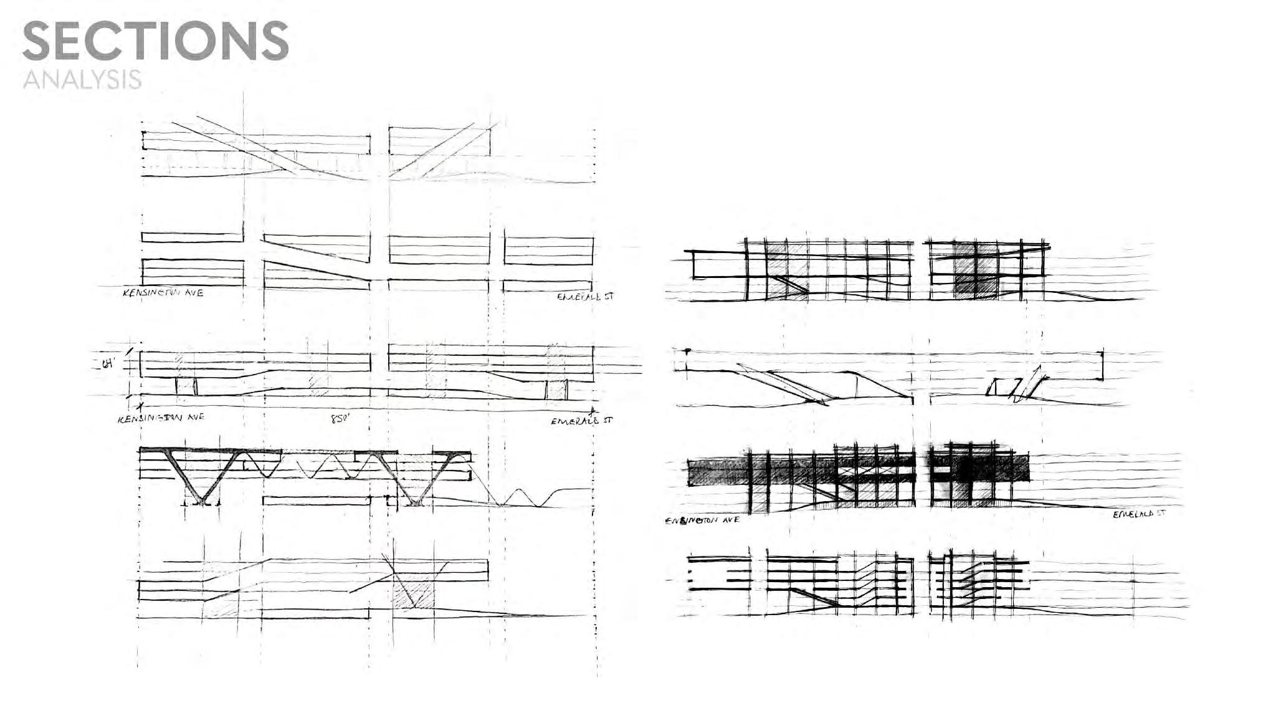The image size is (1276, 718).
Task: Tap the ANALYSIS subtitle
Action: pyautogui.click(x=82, y=80)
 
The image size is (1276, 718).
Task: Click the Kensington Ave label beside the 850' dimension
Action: pyautogui.click(x=161, y=418)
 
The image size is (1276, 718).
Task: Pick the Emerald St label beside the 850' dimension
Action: pyautogui.click(x=581, y=421)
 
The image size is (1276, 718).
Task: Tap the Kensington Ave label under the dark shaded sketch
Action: pyautogui.click(x=703, y=519)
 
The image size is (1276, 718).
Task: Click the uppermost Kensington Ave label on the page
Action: pyautogui.click(x=163, y=292)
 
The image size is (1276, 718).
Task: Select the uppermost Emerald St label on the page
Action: pyautogui.click(x=585, y=297)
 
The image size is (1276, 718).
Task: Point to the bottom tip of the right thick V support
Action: pyautogui.click(x=414, y=502)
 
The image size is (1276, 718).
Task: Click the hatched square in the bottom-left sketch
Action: pyautogui.click(x=414, y=591)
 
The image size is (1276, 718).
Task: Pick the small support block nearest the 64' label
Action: pyautogui.click(x=186, y=386)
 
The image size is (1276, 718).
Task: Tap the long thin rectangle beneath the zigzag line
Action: pyautogui.click(x=317, y=500)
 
